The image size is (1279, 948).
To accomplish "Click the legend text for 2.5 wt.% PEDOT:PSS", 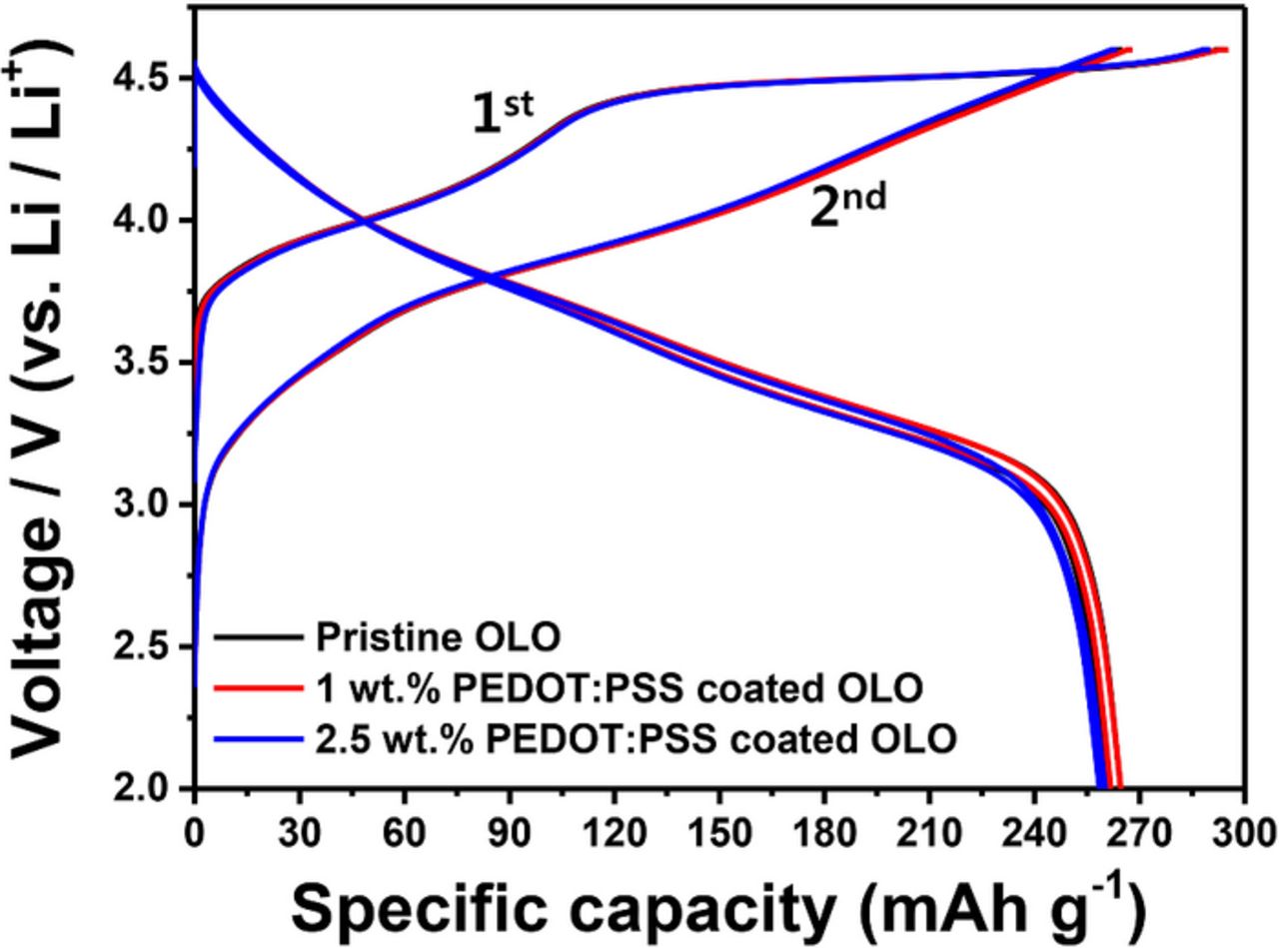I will coord(636,738).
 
